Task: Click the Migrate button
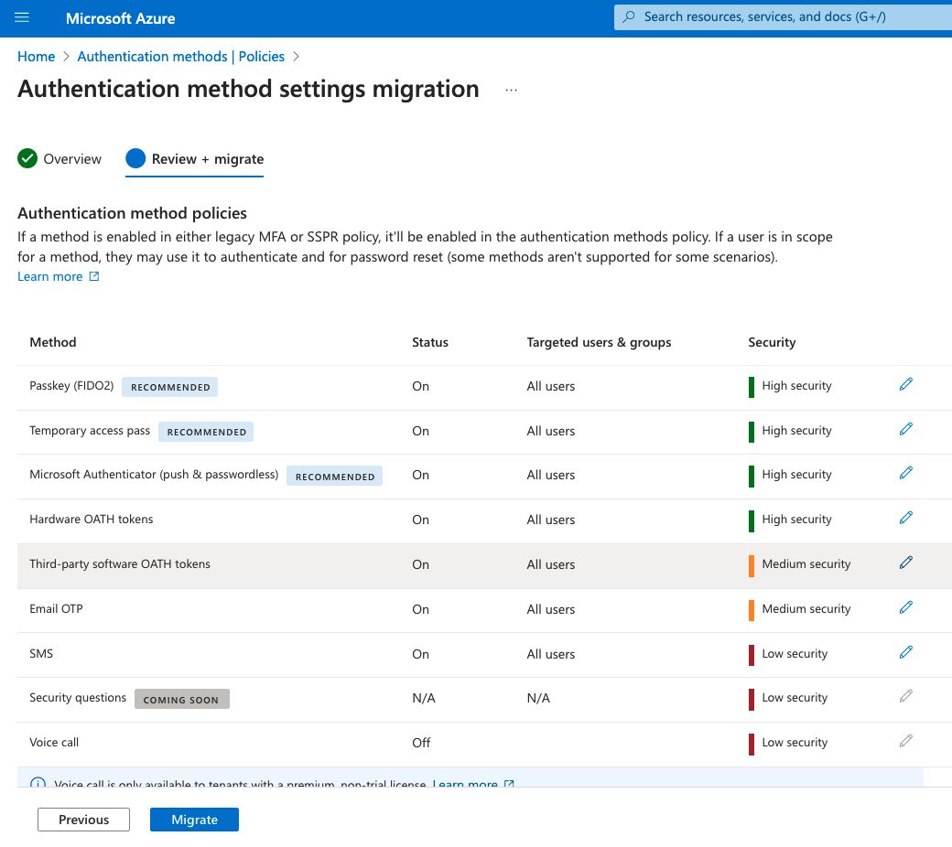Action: point(194,820)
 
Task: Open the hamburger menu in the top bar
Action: point(23,17)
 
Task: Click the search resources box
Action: point(783,17)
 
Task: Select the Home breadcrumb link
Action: point(37,57)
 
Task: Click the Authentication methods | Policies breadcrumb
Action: point(181,57)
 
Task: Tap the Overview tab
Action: point(60,159)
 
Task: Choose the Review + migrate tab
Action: point(196,159)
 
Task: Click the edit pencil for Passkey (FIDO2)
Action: point(906,385)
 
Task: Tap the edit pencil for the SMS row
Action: point(906,653)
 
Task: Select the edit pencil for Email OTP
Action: point(906,608)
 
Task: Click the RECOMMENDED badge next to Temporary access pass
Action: point(206,432)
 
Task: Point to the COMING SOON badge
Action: point(181,700)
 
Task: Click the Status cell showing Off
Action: point(421,743)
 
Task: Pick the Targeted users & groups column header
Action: point(599,342)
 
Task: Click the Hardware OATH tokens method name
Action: point(92,520)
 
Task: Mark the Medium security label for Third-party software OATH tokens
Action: point(806,564)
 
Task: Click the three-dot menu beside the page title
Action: point(511,91)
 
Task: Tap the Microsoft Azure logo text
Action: point(121,18)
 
